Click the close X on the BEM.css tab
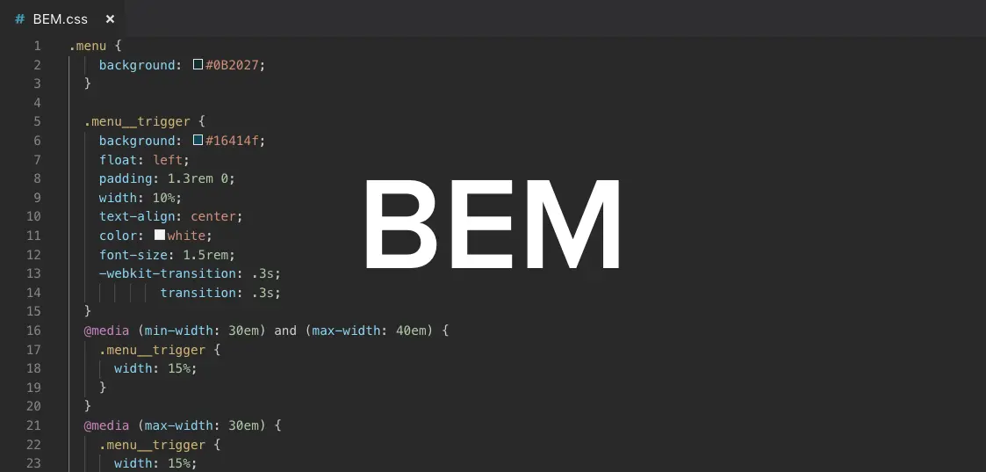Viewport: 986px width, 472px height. (110, 18)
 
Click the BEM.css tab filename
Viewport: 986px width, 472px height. (61, 18)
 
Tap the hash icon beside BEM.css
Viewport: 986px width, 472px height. (20, 18)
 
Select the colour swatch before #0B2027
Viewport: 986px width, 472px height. (198, 65)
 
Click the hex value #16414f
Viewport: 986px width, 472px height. (234, 141)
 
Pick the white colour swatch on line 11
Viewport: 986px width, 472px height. (160, 236)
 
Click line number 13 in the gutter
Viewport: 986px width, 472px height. (33, 273)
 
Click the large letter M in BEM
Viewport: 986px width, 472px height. (572, 224)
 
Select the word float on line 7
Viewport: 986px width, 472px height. (118, 160)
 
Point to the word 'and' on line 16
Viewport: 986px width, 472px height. (285, 330)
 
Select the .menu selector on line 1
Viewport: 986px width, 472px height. (88, 46)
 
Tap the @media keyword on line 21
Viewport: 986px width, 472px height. (106, 425)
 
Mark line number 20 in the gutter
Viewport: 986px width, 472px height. (33, 406)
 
